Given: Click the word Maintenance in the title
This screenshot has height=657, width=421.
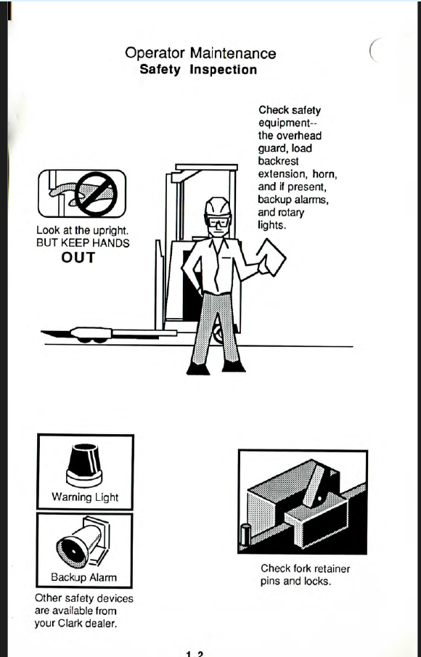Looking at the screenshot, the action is (233, 53).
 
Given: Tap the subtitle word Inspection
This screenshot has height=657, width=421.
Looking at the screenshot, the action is (224, 70).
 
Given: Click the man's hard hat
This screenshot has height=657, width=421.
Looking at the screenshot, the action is (218, 207).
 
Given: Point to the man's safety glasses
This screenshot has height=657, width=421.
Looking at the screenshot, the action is (218, 221).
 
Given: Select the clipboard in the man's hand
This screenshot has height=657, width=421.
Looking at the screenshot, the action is (271, 257).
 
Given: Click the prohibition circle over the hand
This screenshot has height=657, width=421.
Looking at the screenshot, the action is (96, 194).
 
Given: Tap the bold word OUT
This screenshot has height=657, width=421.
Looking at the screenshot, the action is (78, 257).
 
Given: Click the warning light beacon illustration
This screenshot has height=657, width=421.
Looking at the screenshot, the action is (84, 465).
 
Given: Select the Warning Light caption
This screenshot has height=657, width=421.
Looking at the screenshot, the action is (85, 497).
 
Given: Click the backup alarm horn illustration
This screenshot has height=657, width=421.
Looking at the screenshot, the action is (83, 542).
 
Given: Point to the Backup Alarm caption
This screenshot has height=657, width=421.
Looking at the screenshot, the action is (83, 577).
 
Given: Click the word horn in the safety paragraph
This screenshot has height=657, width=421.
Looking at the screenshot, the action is (324, 174).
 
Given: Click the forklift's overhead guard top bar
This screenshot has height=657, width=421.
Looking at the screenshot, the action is (207, 167).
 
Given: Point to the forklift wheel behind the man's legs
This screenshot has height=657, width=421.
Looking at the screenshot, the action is (218, 333).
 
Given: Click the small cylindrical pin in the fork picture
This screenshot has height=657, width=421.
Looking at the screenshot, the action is (246, 534).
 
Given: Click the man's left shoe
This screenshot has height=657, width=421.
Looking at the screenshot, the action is (234, 366).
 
